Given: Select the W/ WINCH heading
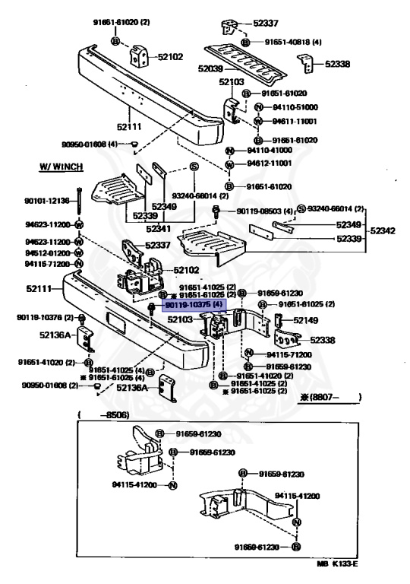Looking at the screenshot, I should point(61,166).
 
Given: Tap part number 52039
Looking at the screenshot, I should point(210,68).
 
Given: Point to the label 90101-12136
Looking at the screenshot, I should point(46,201).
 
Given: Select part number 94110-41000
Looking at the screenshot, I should point(270,151).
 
